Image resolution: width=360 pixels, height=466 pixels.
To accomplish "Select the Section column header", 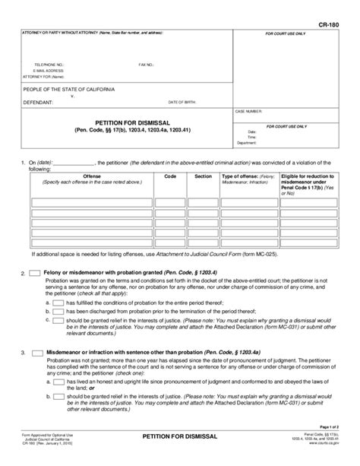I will (203, 176).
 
